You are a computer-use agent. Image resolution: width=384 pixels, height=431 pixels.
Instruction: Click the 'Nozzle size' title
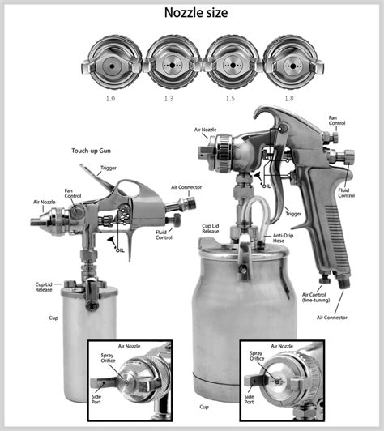tap(196, 13)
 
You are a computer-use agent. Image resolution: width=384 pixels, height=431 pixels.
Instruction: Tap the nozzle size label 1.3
tap(169, 98)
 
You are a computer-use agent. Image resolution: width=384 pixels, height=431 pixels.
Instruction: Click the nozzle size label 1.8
tap(289, 98)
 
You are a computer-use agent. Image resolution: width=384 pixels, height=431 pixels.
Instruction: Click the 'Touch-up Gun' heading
tap(91, 151)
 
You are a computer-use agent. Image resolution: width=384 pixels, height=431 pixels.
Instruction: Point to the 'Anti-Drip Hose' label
tap(283, 238)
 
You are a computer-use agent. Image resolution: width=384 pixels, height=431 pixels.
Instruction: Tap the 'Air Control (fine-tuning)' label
tap(316, 297)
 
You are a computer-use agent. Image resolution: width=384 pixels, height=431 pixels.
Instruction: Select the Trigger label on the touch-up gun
tap(109, 168)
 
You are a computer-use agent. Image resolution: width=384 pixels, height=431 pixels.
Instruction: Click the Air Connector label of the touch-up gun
tap(186, 187)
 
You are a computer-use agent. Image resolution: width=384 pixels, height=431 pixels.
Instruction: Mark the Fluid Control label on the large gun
tap(347, 193)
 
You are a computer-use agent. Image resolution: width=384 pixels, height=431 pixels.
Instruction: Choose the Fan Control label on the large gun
tap(337, 121)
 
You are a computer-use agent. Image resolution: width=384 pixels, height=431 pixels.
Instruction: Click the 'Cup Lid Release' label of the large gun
tap(211, 228)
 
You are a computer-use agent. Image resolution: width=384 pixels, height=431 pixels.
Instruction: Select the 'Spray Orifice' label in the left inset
tap(108, 358)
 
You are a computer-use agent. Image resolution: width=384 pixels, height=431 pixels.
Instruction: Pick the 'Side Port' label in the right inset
tap(249, 399)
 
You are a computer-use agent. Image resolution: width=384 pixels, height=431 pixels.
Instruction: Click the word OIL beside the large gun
tap(267, 186)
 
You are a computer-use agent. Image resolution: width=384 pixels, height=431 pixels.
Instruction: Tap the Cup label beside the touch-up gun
tap(53, 318)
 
